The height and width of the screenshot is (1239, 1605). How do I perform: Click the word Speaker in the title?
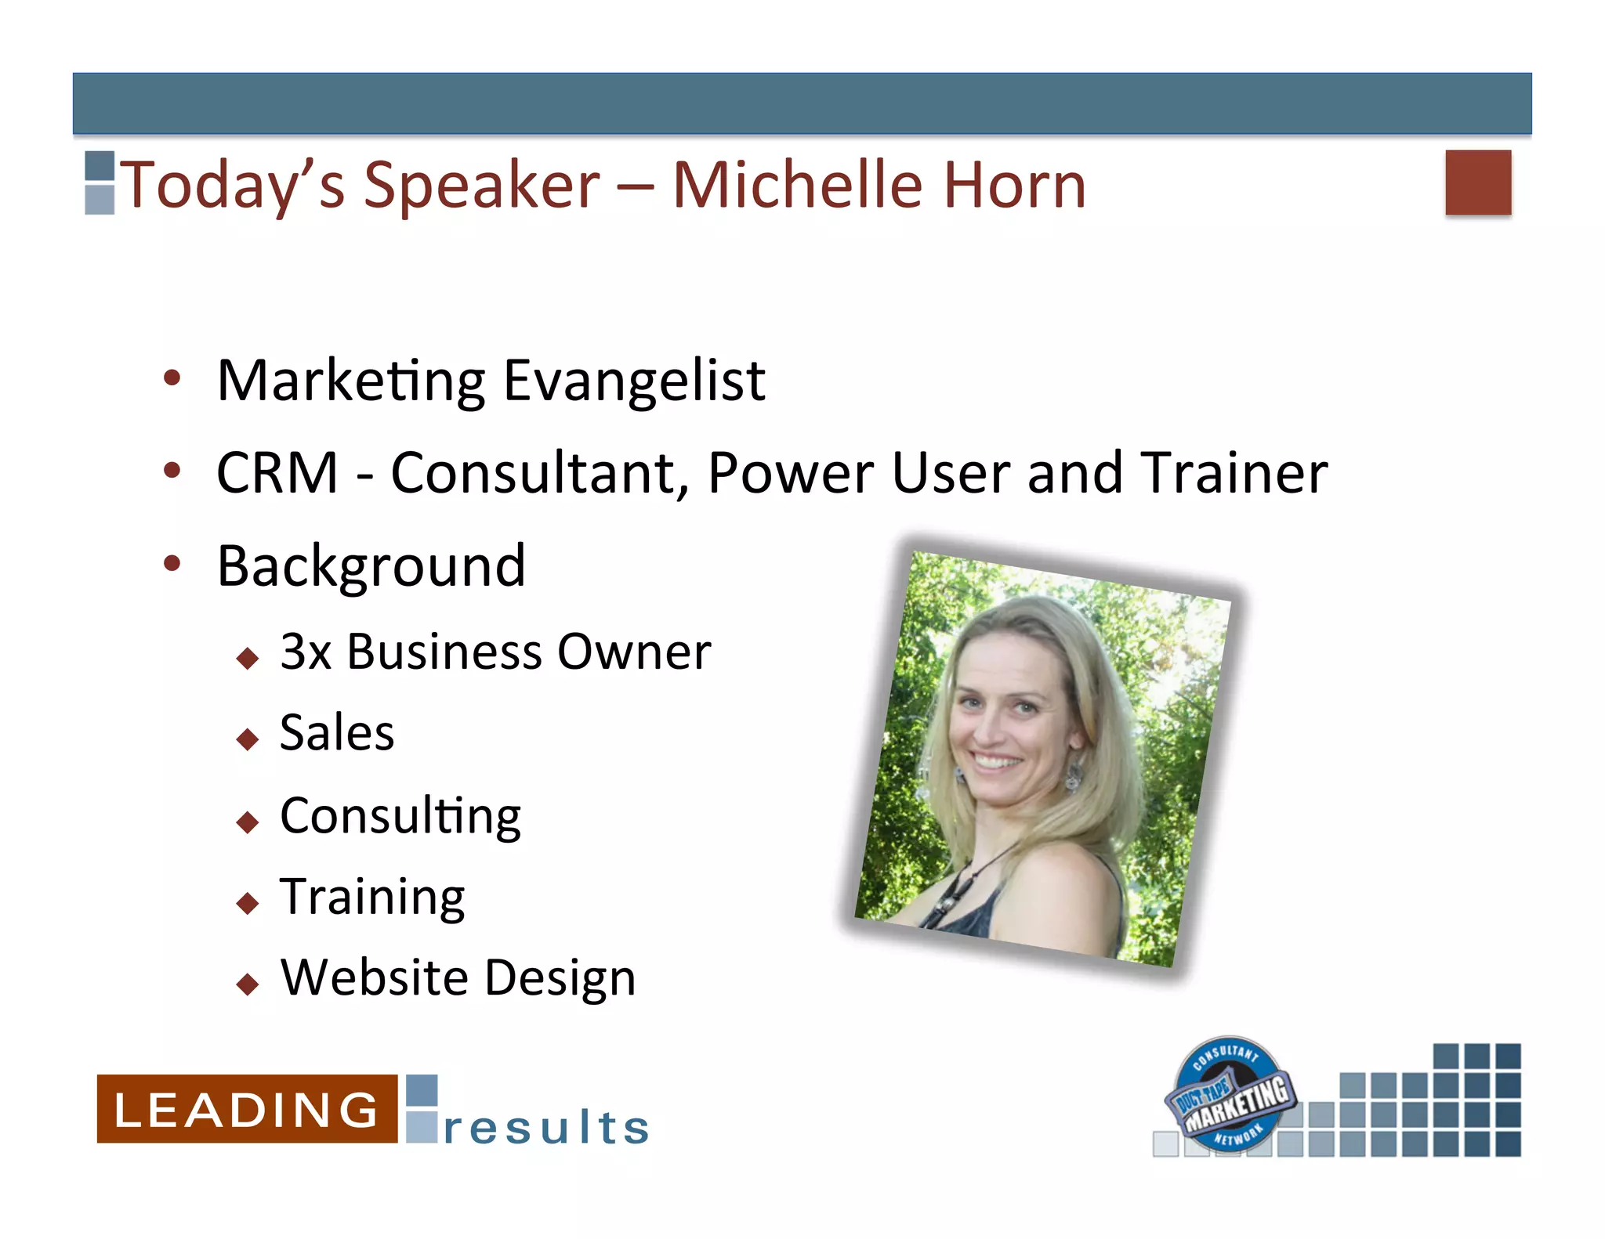pyautogui.click(x=481, y=186)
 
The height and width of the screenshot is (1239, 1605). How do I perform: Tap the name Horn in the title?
pyautogui.click(x=1014, y=186)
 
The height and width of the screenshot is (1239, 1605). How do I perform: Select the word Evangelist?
pyautogui.click(x=633, y=381)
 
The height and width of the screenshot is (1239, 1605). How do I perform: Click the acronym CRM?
pyautogui.click(x=277, y=473)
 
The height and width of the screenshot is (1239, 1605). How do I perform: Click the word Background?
pyautogui.click(x=371, y=566)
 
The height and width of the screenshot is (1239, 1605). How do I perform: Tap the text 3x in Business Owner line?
pyautogui.click(x=305, y=652)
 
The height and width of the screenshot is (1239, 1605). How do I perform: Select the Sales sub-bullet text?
pyautogui.click(x=337, y=734)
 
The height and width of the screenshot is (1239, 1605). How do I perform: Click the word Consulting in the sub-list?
pyautogui.click(x=400, y=817)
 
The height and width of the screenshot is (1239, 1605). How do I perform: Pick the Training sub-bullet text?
pyautogui.click(x=372, y=898)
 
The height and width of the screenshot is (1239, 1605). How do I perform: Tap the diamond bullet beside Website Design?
pyautogui.click(x=248, y=984)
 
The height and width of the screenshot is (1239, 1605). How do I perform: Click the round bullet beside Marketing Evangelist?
pyautogui.click(x=172, y=379)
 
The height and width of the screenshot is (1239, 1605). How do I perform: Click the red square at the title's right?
pyautogui.click(x=1477, y=182)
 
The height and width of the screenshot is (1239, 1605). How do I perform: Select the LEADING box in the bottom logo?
pyautogui.click(x=247, y=1108)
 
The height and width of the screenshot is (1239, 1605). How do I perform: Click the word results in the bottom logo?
pyautogui.click(x=546, y=1128)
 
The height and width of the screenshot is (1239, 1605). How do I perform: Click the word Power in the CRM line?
pyautogui.click(x=791, y=473)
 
